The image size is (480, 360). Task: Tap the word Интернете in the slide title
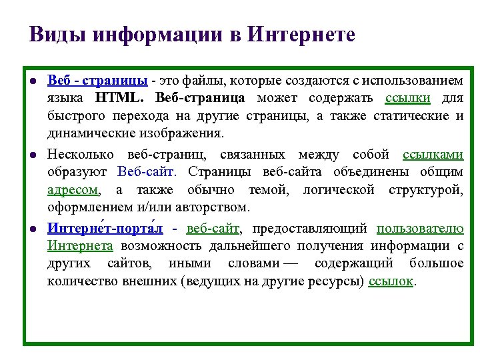pyautogui.click(x=301, y=34)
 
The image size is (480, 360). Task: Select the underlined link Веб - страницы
pyautogui.click(x=97, y=81)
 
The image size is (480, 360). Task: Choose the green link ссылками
pyautogui.click(x=433, y=155)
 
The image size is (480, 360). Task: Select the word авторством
pyautogui.click(x=213, y=207)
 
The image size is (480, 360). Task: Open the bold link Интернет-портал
pyautogui.click(x=105, y=229)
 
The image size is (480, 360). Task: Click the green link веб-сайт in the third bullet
pyautogui.click(x=213, y=229)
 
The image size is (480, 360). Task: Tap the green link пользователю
pyautogui.click(x=420, y=229)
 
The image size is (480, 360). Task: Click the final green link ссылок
pyautogui.click(x=391, y=281)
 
